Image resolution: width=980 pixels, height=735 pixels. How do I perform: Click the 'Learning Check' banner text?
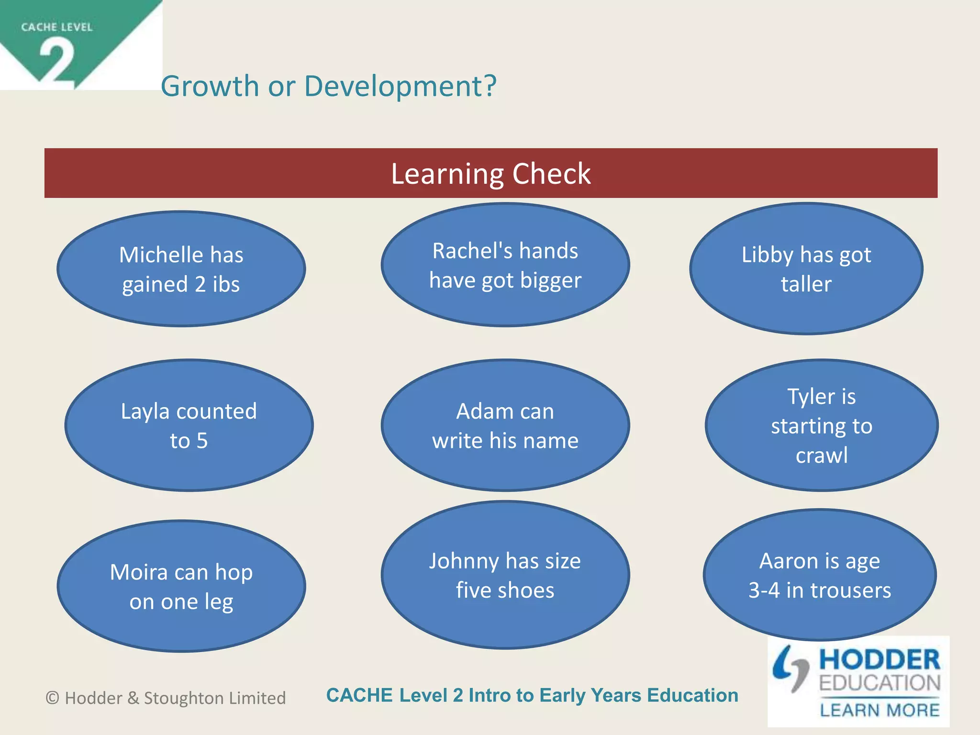pyautogui.click(x=490, y=173)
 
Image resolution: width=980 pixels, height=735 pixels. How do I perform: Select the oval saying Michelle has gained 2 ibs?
pyautogui.click(x=181, y=269)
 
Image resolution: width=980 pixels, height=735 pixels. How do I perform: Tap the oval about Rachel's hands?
pyautogui.click(x=505, y=265)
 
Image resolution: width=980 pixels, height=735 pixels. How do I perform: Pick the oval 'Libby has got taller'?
pyautogui.click(x=806, y=269)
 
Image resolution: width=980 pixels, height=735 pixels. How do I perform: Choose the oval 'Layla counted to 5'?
pyautogui.click(x=189, y=425)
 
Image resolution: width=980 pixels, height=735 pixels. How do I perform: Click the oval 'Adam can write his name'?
pyautogui.click(x=505, y=425)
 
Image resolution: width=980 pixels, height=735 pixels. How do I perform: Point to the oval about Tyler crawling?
pyautogui.click(x=821, y=425)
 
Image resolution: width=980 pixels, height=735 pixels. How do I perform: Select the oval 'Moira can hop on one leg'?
pyautogui.click(x=181, y=586)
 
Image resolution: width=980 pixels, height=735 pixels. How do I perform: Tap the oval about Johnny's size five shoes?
pyautogui.click(x=505, y=575)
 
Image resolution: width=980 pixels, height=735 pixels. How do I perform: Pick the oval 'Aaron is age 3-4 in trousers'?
pyautogui.click(x=819, y=575)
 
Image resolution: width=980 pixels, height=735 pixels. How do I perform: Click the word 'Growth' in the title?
pyautogui.click(x=210, y=86)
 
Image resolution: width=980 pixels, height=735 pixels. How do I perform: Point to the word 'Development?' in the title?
pyautogui.click(x=401, y=86)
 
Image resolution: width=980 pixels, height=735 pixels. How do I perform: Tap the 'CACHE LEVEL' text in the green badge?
pyautogui.click(x=56, y=27)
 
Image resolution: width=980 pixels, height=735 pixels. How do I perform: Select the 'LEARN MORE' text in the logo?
pyautogui.click(x=880, y=710)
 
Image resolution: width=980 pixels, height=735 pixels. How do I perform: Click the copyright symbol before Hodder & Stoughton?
pyautogui.click(x=52, y=698)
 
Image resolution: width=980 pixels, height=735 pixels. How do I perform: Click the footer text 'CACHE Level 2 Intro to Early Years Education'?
pyautogui.click(x=532, y=695)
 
